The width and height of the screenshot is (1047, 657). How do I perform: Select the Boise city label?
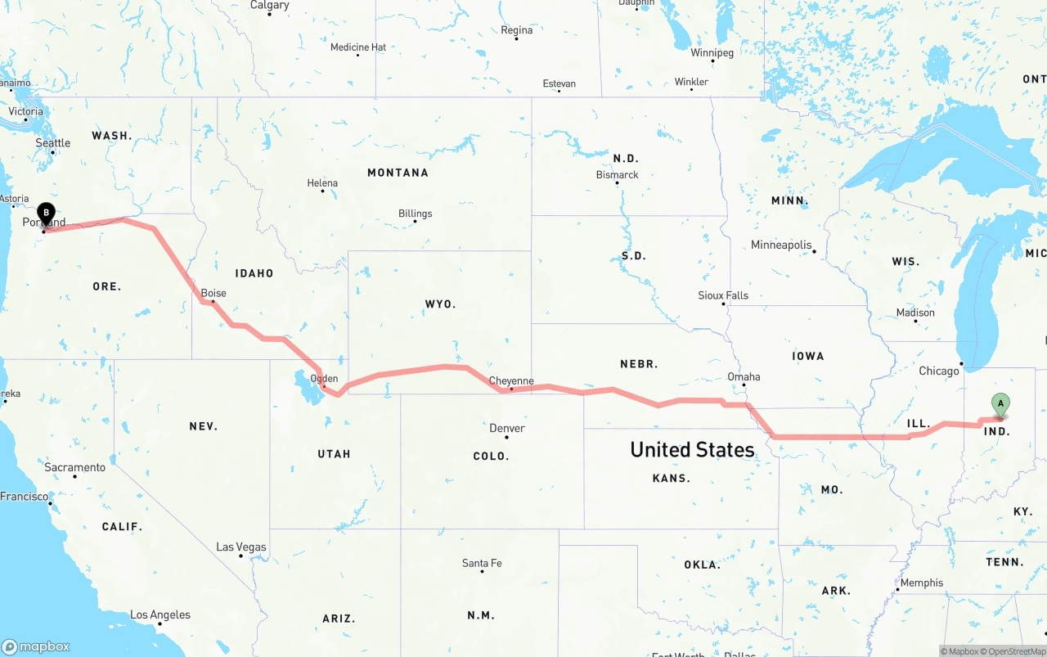213,293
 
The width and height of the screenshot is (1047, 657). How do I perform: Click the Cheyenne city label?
511,381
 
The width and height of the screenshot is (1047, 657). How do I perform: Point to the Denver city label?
507,428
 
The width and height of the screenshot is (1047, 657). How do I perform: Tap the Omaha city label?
744,377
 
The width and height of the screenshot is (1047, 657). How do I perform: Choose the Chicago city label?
939,371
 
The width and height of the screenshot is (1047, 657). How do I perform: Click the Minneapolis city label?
781,245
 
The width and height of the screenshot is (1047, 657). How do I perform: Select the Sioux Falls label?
723,295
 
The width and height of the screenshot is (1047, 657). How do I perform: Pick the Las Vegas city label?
241,547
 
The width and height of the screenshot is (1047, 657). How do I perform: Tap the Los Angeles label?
160,614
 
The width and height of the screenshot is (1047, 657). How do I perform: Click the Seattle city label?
53,143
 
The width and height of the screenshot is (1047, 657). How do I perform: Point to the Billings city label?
415,214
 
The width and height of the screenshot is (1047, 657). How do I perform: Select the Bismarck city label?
618,174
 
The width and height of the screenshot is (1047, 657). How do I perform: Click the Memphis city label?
922,583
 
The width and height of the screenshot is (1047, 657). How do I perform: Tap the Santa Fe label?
482,563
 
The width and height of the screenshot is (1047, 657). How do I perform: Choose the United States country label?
692,449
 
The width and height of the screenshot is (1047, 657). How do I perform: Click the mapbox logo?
35,646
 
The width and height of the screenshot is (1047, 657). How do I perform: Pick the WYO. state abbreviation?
440,304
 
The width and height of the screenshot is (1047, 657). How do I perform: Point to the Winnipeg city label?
712,52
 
